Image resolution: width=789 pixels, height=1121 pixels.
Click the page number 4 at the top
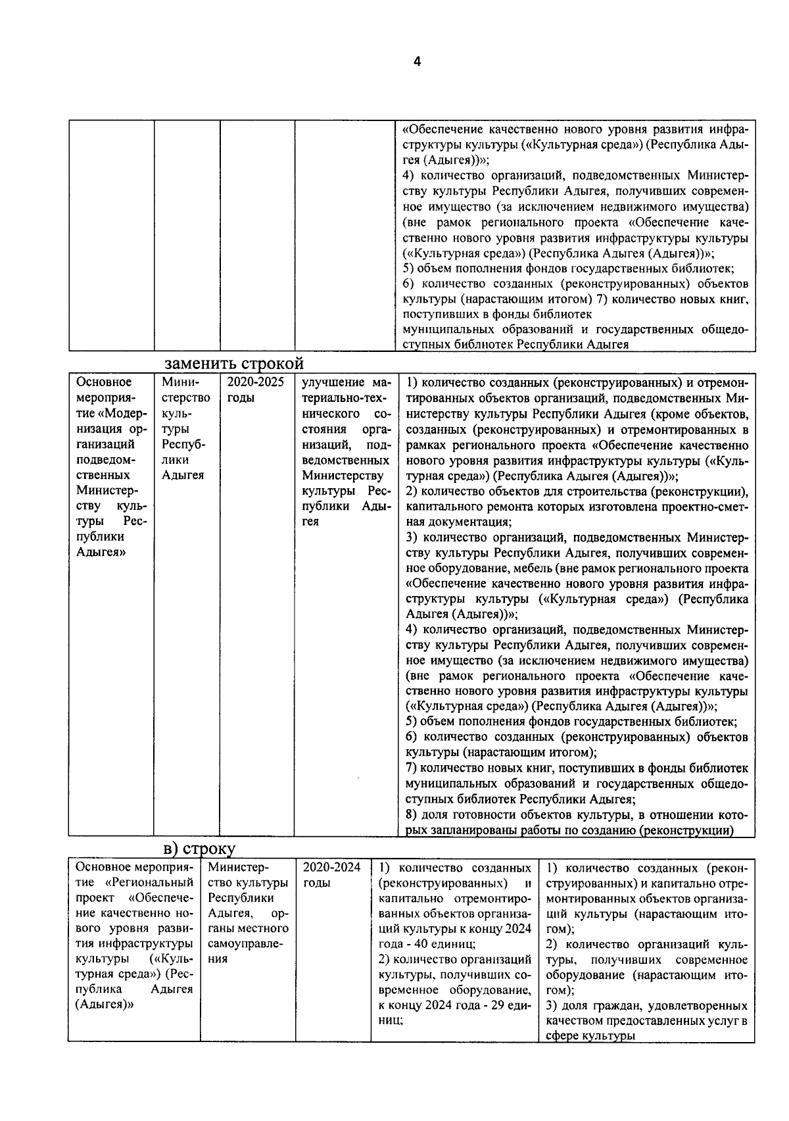(416, 62)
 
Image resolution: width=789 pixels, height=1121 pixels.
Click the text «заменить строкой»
(233, 364)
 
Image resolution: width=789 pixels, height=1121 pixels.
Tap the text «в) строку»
(199, 849)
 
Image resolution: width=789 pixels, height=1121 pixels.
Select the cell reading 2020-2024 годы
(332, 875)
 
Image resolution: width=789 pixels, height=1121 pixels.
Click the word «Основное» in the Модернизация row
(104, 382)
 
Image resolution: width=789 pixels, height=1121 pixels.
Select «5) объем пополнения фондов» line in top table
(568, 268)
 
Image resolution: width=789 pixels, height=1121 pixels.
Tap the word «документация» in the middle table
(455, 522)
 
